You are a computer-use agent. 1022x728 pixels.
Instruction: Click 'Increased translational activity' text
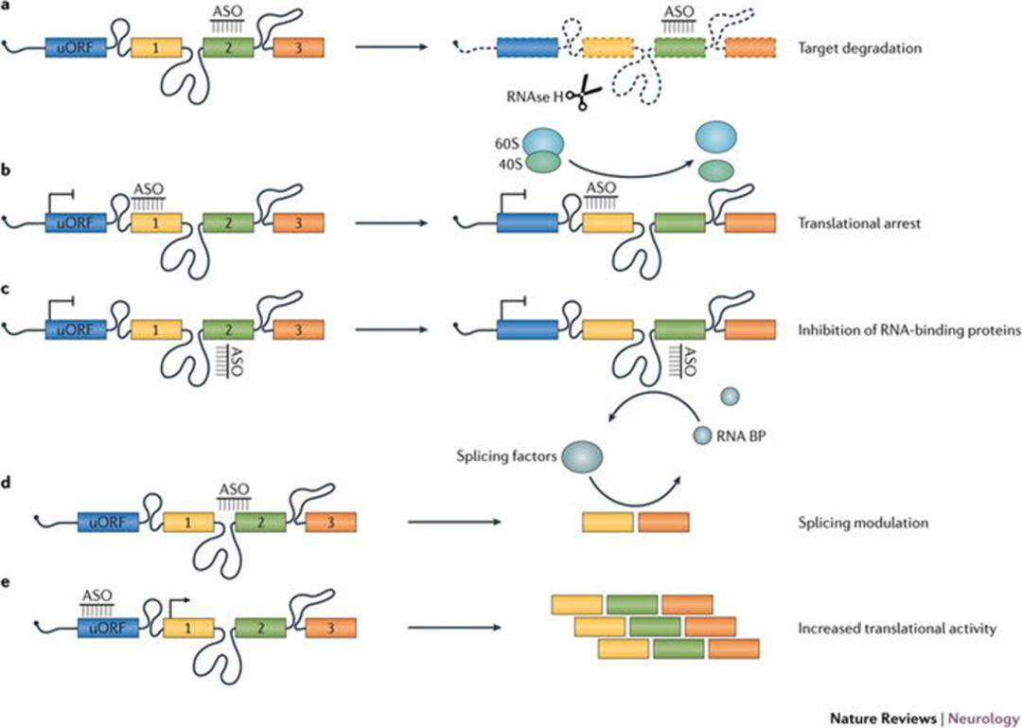pos(896,627)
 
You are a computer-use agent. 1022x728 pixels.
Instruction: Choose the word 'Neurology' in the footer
pos(984,718)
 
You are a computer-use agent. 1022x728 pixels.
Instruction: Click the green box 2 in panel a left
pos(228,47)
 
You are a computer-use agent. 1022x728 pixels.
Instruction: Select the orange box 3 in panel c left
pos(298,329)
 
